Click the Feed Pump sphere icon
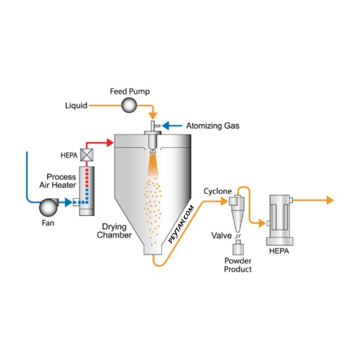tap(130, 106)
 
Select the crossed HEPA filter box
tap(85, 155)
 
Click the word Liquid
tap(76, 106)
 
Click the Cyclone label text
tap(218, 191)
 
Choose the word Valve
tap(222, 236)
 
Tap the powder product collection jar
tap(238, 248)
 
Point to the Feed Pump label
tap(130, 91)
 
